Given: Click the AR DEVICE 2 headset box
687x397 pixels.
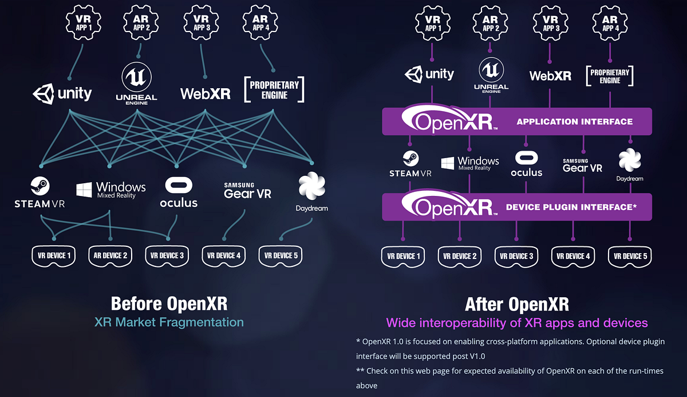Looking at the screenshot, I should (110, 255).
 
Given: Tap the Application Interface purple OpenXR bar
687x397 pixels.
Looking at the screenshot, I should (516, 121).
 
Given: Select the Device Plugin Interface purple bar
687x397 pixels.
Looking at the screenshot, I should (516, 207).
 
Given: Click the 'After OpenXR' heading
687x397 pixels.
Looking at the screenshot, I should (516, 303).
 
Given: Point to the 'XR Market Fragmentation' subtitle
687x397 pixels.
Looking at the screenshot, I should (169, 322).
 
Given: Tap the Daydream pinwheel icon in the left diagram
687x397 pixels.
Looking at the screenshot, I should (312, 187).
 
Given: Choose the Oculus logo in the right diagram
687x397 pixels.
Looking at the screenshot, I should (526, 164).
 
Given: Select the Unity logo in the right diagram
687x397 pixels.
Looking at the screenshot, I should (429, 74).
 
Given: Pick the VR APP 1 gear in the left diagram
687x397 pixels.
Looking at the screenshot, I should (84, 23).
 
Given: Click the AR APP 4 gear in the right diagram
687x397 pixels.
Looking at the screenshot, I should (610, 23).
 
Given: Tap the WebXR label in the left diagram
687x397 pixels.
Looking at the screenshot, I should (205, 93).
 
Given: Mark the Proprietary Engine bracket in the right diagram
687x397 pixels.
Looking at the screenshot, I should (610, 76).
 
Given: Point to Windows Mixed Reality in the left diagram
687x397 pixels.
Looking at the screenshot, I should (111, 190).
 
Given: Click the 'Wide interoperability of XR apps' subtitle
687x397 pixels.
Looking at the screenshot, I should (516, 323).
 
